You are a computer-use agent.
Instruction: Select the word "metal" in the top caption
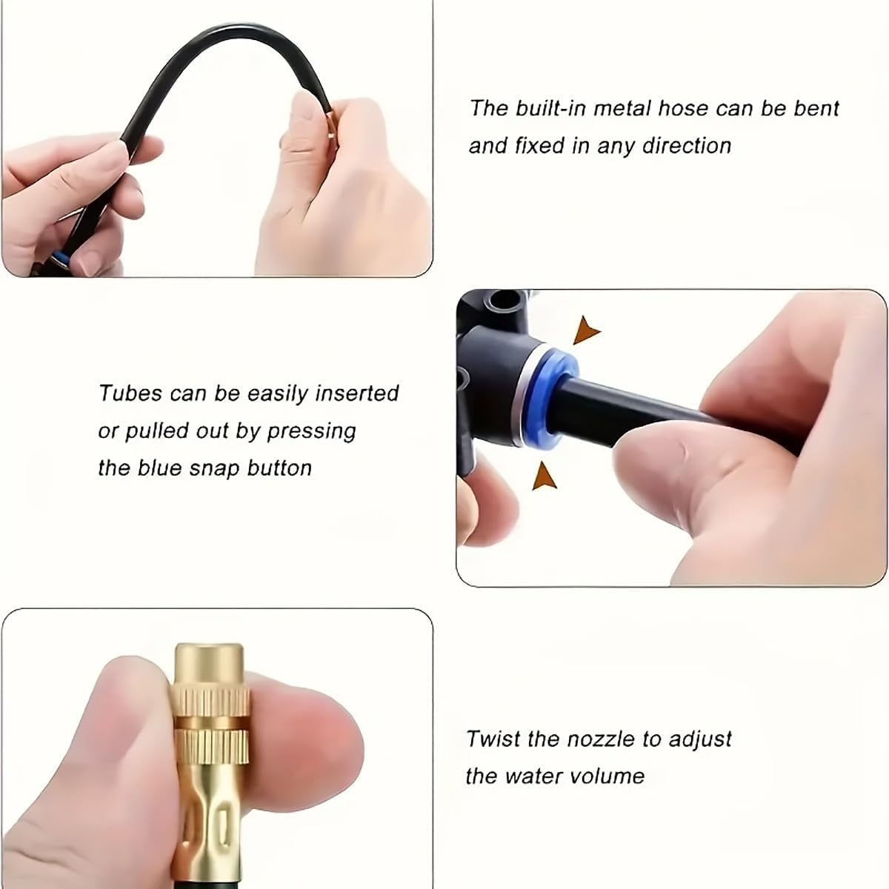pos(618,108)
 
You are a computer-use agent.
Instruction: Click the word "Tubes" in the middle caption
pos(130,393)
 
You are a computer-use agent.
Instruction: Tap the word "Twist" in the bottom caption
pos(490,739)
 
